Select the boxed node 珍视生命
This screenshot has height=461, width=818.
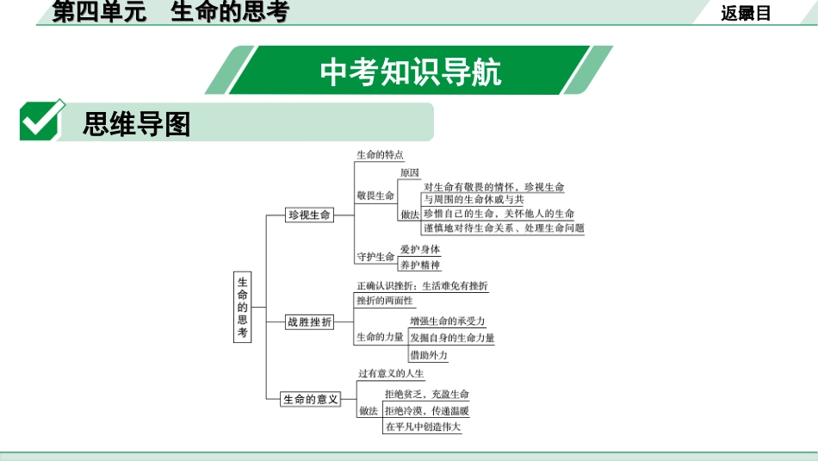(x=310, y=215)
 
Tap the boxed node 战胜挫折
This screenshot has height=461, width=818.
(x=310, y=322)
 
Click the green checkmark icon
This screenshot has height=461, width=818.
(x=41, y=121)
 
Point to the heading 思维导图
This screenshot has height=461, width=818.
(x=136, y=124)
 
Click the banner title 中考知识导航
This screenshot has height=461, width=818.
(x=410, y=72)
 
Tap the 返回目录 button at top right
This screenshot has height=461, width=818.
(x=747, y=13)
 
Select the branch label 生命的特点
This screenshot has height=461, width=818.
(x=380, y=155)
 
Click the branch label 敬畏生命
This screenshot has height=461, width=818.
(x=375, y=196)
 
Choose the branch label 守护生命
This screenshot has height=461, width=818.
(x=375, y=257)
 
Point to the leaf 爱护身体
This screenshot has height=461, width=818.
(x=420, y=249)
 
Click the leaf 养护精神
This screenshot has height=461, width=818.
(x=420, y=265)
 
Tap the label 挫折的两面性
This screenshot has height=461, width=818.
(x=385, y=301)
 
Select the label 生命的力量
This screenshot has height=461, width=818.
(x=380, y=337)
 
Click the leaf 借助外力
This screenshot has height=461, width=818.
(x=428, y=355)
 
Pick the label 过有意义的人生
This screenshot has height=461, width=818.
(x=391, y=374)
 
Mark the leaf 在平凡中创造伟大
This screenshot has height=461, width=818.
(x=423, y=427)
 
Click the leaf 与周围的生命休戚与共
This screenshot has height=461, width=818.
(x=474, y=199)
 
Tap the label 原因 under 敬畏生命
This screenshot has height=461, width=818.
(x=410, y=172)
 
